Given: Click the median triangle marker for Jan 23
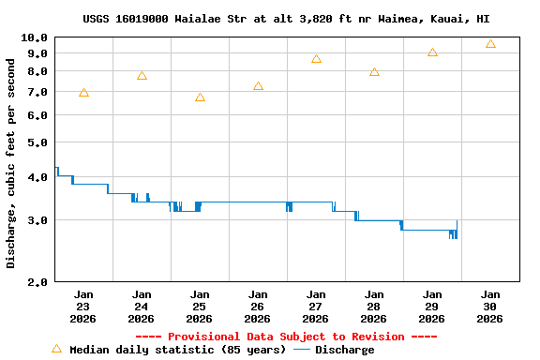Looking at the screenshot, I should click(83, 93).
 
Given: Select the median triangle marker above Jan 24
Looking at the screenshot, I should click(142, 76).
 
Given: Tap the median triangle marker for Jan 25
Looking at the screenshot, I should click(200, 97).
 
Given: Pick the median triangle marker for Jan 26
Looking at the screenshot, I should click(258, 86).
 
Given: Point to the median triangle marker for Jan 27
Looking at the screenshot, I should click(316, 59).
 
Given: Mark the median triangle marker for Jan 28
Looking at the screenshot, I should click(374, 72).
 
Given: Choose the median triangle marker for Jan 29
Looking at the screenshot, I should click(432, 52).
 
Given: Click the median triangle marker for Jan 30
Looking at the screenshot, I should click(490, 44).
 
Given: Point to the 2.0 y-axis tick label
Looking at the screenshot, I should click(37, 282).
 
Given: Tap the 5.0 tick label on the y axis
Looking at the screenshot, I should click(37, 142).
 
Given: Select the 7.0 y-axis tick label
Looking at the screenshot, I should click(37, 92).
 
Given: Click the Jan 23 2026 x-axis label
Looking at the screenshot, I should click(83, 306).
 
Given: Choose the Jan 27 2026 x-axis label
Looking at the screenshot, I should click(316, 306).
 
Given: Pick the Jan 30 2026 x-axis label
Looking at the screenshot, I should click(490, 306).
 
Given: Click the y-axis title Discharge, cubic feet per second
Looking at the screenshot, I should click(11, 162).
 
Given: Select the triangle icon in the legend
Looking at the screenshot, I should click(56, 349).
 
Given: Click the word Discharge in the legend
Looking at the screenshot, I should click(344, 350).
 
